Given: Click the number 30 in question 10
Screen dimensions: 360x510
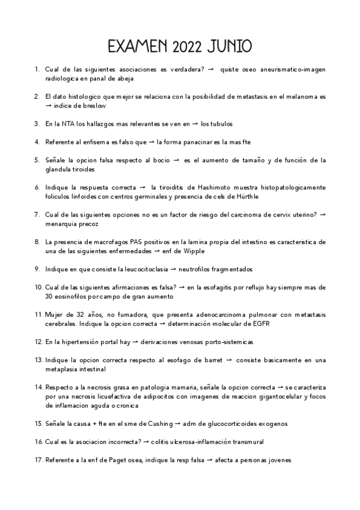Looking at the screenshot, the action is coord(49,296).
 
